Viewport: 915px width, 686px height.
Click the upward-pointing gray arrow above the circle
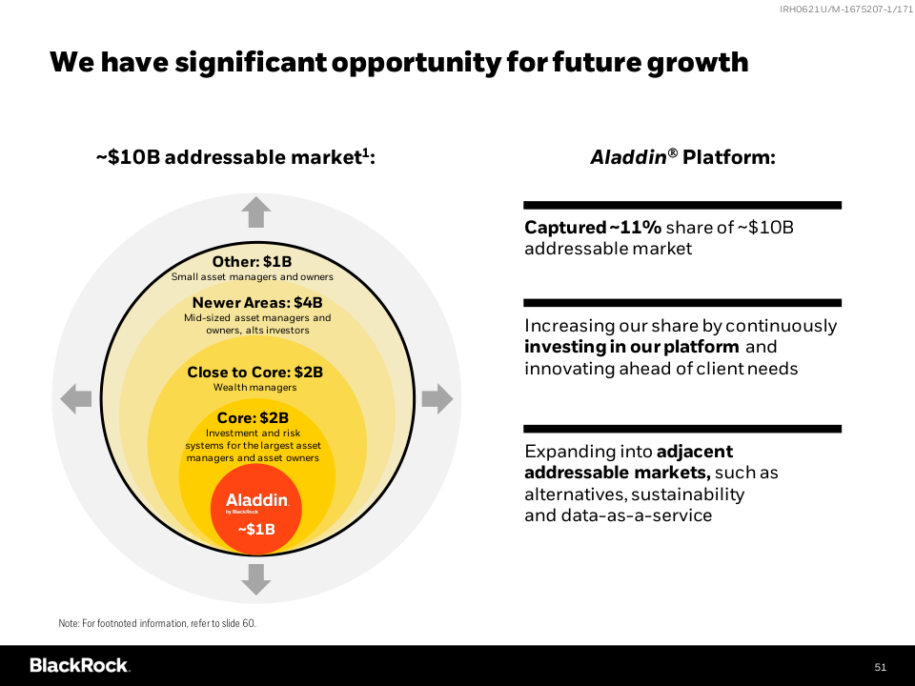pyautogui.click(x=255, y=212)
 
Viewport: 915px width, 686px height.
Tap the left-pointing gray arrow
pyautogui.click(x=76, y=398)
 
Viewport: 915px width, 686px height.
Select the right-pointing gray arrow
pyautogui.click(x=437, y=398)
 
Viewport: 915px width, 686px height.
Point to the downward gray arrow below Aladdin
pyautogui.click(x=255, y=578)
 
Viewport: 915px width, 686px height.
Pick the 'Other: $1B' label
pyautogui.click(x=252, y=262)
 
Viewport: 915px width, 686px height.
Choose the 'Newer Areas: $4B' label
pyautogui.click(x=257, y=303)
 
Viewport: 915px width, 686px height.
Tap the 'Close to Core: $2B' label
pyautogui.click(x=254, y=372)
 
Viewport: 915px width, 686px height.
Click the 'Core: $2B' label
pyautogui.click(x=253, y=417)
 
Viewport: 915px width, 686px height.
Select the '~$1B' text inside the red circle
pyautogui.click(x=255, y=530)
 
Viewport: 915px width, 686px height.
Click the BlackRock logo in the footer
pyautogui.click(x=79, y=665)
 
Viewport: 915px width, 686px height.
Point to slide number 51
pyautogui.click(x=880, y=666)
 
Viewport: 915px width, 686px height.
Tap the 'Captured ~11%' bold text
pyautogui.click(x=592, y=228)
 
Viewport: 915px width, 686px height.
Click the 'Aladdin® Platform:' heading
pyautogui.click(x=682, y=157)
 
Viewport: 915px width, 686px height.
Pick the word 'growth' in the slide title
pyautogui.click(x=698, y=63)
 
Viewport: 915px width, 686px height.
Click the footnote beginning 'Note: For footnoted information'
pyautogui.click(x=157, y=623)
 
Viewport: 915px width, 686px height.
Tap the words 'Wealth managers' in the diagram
pyautogui.click(x=254, y=388)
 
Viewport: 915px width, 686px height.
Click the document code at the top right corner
pyautogui.click(x=842, y=9)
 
